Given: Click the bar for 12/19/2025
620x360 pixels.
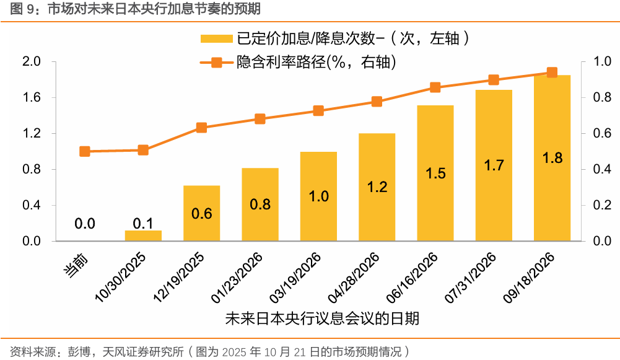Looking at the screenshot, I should point(202,213).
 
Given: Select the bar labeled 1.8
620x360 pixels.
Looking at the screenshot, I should point(552,158).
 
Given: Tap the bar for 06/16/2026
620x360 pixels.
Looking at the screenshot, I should point(435,173).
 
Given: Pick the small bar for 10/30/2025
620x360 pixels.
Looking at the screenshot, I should point(143,236).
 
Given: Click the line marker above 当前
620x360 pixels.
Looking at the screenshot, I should point(85,151).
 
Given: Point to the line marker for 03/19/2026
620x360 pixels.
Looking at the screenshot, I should point(318,111).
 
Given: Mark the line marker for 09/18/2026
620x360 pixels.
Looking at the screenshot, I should point(552,72).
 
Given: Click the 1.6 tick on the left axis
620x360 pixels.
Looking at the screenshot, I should point(31,97).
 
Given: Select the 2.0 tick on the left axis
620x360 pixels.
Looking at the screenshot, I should point(31,61).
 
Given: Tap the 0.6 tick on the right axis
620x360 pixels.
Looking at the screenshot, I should point(603,133).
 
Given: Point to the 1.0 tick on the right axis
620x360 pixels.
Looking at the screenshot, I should point(603,61).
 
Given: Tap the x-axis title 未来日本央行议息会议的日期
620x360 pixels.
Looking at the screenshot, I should point(321,318).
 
